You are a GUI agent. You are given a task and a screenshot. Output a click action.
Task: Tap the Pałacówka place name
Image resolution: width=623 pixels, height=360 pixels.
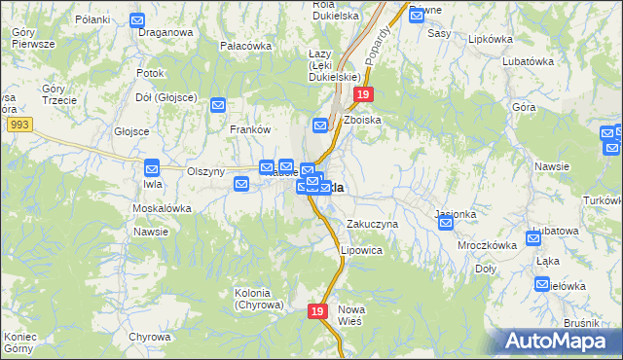click(x=245, y=46)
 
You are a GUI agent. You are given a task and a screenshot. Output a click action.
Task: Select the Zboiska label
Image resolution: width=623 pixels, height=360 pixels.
click(x=362, y=119)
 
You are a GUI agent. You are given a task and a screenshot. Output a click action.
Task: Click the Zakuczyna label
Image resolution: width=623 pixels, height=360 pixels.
click(x=373, y=224)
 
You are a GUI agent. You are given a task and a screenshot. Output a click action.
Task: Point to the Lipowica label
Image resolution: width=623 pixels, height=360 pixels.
click(x=361, y=250)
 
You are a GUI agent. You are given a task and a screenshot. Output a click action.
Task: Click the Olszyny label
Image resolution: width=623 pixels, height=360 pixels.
click(x=205, y=170)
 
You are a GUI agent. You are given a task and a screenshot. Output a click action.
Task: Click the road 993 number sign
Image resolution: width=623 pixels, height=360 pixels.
click(x=18, y=126)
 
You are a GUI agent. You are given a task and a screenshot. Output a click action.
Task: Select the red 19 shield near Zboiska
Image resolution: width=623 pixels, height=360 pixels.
click(x=362, y=94)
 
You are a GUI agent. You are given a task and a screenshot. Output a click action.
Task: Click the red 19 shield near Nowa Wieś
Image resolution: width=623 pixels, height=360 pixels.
click(x=316, y=311)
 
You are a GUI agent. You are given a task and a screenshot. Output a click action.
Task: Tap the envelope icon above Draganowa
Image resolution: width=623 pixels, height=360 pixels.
click(x=137, y=19)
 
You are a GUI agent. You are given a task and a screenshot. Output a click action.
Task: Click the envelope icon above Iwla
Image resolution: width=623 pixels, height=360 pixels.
click(x=152, y=166)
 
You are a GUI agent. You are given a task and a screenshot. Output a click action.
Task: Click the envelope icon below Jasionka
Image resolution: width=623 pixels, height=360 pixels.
click(x=446, y=224)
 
